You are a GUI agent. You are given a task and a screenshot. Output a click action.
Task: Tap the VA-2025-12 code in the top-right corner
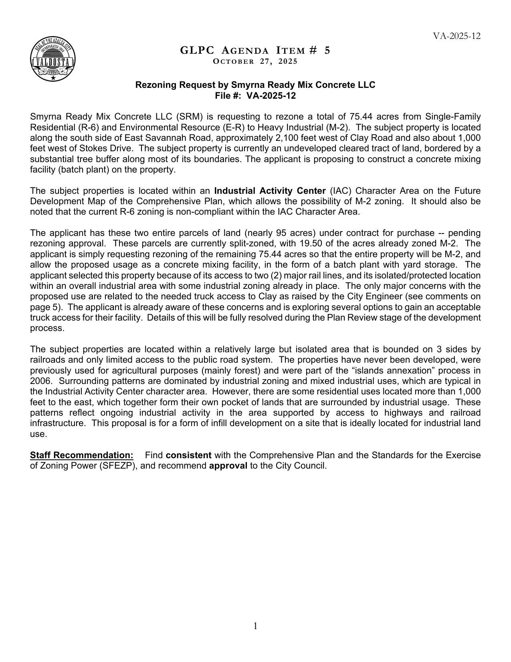[456, 36]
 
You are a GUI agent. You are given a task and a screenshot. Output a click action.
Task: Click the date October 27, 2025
[255, 61]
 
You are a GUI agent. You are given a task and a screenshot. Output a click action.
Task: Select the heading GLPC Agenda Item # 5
[255, 50]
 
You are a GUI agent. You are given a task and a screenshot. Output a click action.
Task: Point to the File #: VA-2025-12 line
[255, 95]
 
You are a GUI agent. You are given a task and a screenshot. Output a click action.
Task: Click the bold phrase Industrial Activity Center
[270, 191]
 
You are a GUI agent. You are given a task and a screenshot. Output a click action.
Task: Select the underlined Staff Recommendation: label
[82, 455]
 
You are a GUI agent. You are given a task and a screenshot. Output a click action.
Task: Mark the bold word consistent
[188, 455]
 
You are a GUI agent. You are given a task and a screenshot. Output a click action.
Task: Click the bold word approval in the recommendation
[228, 466]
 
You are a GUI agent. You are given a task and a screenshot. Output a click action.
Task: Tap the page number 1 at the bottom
[255, 626]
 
